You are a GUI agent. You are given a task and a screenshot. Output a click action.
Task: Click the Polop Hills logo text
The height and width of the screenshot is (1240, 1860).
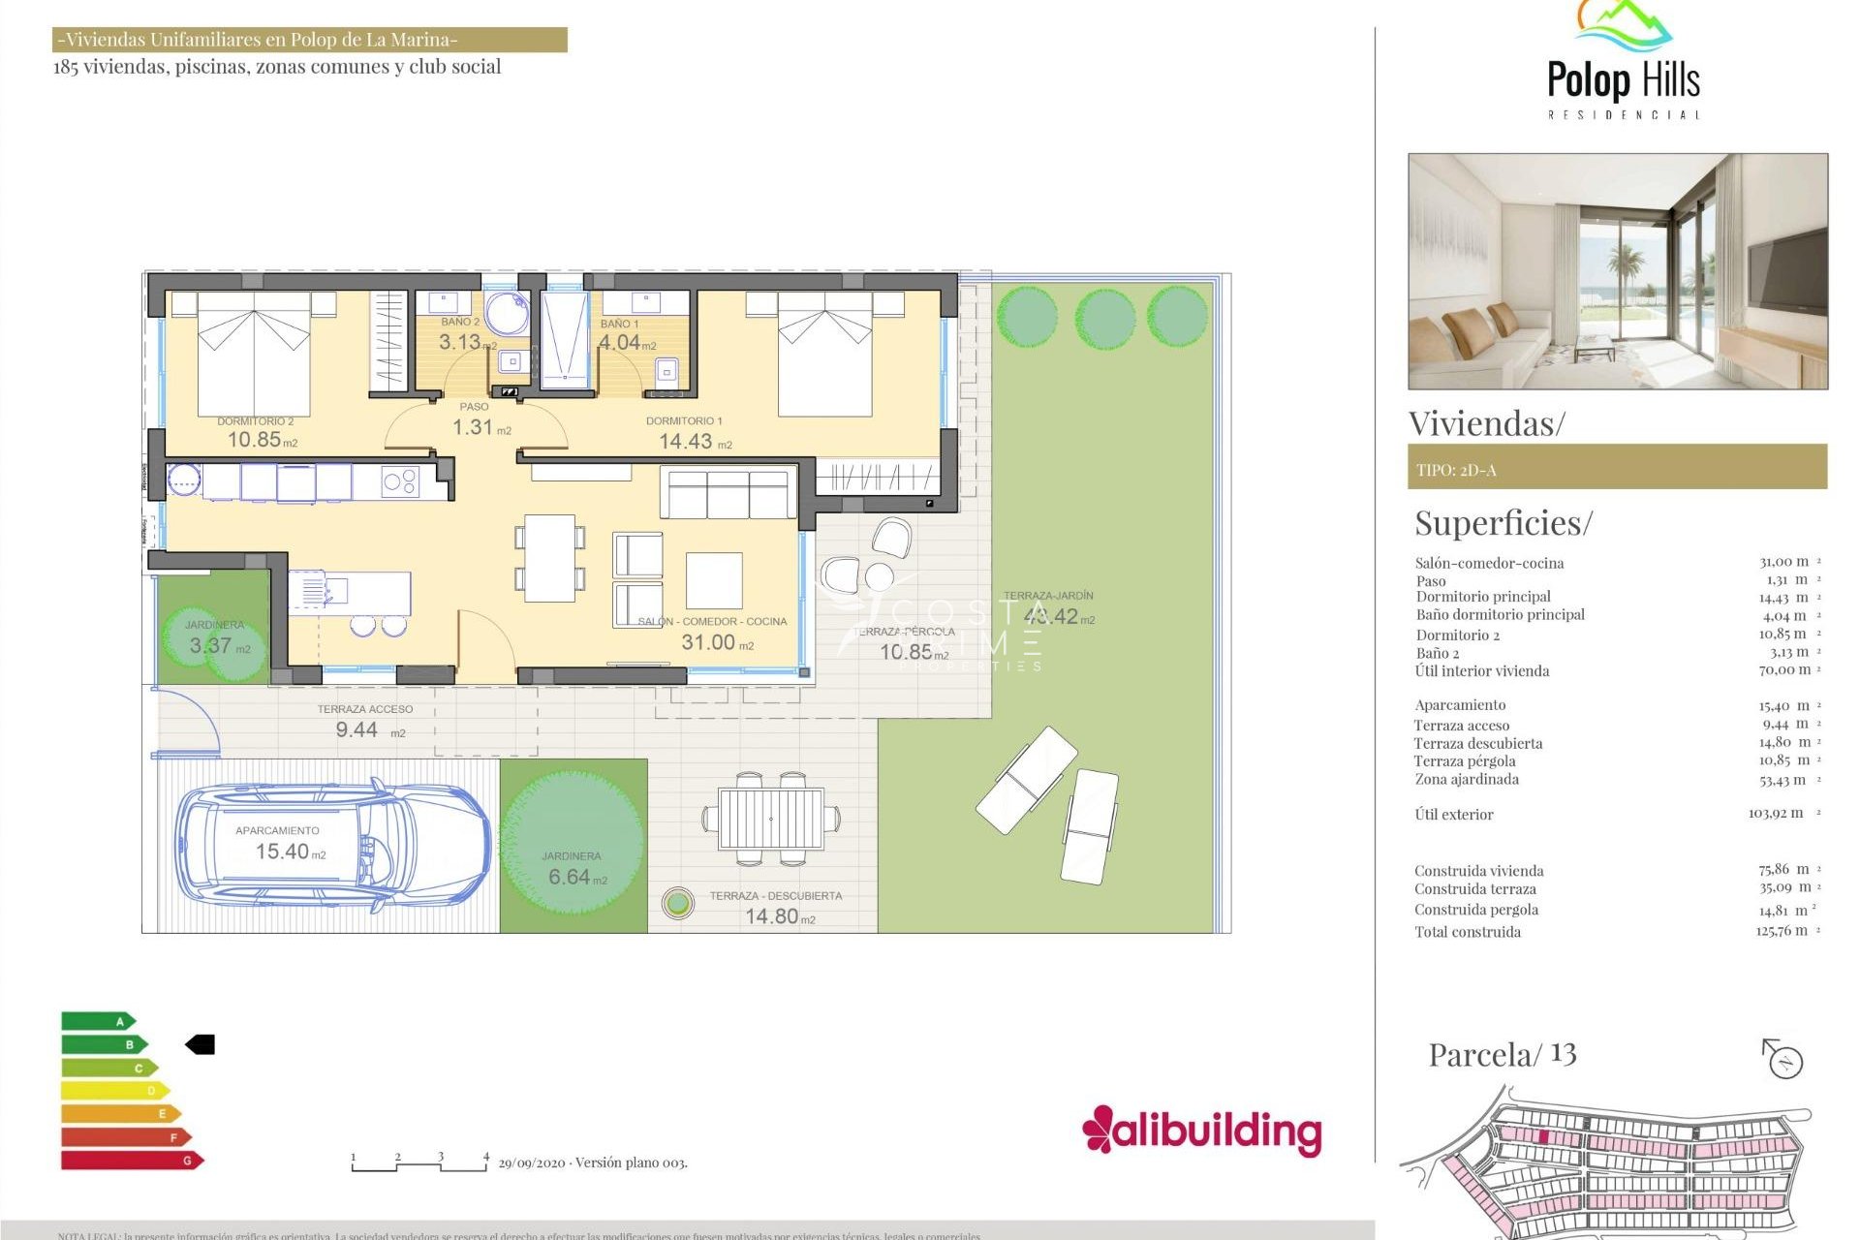[1623, 79]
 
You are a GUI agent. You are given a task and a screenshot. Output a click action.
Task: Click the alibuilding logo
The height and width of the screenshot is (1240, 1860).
[1201, 1131]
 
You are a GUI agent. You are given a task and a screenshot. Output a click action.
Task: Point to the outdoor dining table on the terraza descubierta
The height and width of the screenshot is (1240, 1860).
[771, 820]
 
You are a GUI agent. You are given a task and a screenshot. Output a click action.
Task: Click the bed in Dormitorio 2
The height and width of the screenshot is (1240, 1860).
[254, 354]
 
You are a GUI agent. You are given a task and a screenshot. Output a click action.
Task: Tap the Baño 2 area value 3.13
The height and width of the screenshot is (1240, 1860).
[460, 342]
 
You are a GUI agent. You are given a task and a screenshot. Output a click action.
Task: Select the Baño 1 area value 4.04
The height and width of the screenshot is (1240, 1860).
[620, 342]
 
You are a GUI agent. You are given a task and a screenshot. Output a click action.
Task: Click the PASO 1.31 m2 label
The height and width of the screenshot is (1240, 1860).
[475, 426]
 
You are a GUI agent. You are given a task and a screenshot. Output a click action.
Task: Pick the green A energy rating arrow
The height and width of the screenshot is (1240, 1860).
[98, 1021]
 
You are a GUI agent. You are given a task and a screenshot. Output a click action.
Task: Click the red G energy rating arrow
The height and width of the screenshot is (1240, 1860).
[131, 1160]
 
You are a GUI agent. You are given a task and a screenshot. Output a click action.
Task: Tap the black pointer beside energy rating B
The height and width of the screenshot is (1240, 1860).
[201, 1044]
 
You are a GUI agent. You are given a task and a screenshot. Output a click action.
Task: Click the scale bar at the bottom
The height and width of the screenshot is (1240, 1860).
[418, 1162]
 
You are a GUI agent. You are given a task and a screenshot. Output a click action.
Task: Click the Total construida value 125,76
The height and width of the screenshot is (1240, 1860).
[1781, 931]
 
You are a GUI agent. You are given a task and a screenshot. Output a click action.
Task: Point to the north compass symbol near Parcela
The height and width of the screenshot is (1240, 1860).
[1782, 1059]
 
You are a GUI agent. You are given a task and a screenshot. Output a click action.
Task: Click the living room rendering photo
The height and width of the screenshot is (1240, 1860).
[1617, 271]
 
